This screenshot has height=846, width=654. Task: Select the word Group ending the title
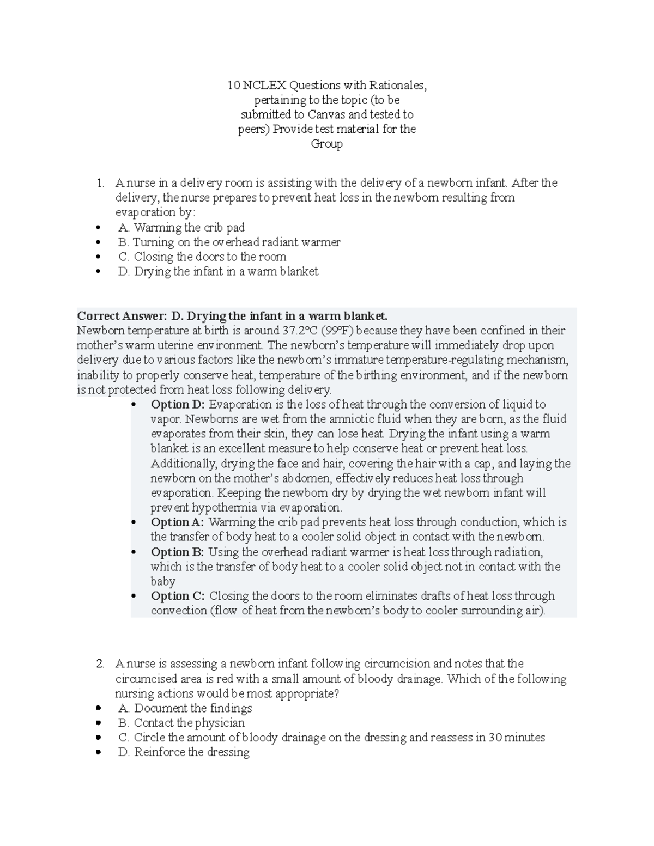click(x=326, y=144)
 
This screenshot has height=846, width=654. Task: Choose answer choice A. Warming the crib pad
click(x=181, y=227)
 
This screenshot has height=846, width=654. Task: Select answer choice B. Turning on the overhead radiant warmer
click(x=229, y=242)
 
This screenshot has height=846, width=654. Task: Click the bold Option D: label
click(x=178, y=404)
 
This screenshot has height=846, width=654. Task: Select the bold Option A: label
click(x=178, y=522)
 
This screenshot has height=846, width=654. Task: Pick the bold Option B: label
click(x=178, y=552)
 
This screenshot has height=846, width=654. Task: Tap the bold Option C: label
click(x=178, y=596)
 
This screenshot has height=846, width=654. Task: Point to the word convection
click(x=179, y=611)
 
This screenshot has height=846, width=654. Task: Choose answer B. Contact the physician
click(x=181, y=723)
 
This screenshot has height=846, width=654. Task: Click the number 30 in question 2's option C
click(x=495, y=738)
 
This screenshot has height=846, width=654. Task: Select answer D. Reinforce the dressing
click(x=184, y=752)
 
